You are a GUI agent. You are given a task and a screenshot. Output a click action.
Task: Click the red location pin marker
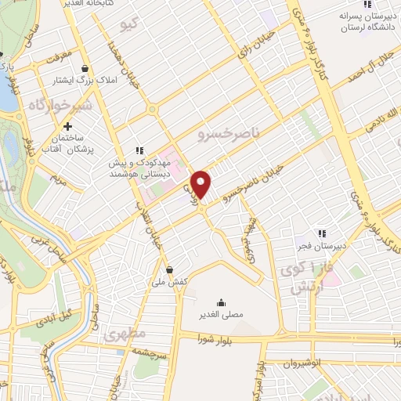(201, 183)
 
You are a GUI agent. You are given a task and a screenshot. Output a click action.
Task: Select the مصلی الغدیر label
(221, 315)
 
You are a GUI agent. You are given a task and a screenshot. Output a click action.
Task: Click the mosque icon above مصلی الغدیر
(221, 302)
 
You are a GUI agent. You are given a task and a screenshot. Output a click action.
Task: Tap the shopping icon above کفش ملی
(170, 269)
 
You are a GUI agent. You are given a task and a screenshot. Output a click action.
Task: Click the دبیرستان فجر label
(320, 246)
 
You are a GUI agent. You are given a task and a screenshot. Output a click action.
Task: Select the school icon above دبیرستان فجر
(320, 233)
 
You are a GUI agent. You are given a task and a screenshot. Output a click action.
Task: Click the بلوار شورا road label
(217, 338)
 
